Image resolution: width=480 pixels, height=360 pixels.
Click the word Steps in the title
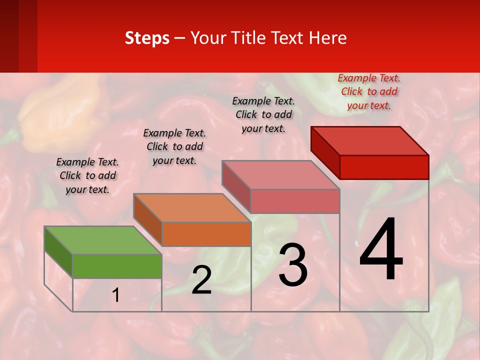[147, 38]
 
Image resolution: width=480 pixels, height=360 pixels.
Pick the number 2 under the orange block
[201, 280]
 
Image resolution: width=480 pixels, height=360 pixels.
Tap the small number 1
[116, 295]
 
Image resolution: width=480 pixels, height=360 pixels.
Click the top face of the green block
[102, 240]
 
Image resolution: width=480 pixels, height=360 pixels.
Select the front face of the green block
[117, 266]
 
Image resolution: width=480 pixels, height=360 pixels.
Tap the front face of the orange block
[206, 234]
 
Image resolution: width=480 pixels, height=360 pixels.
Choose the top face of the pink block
[280, 175]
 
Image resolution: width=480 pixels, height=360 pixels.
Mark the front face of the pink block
[295, 201]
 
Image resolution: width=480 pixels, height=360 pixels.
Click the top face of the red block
[369, 140]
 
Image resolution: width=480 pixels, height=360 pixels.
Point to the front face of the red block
[384, 167]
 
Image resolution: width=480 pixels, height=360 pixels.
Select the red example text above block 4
[369, 91]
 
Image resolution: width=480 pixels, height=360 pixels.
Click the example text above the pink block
[263, 114]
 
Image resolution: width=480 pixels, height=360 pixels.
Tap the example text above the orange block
[174, 146]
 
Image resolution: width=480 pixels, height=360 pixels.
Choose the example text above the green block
[87, 175]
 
